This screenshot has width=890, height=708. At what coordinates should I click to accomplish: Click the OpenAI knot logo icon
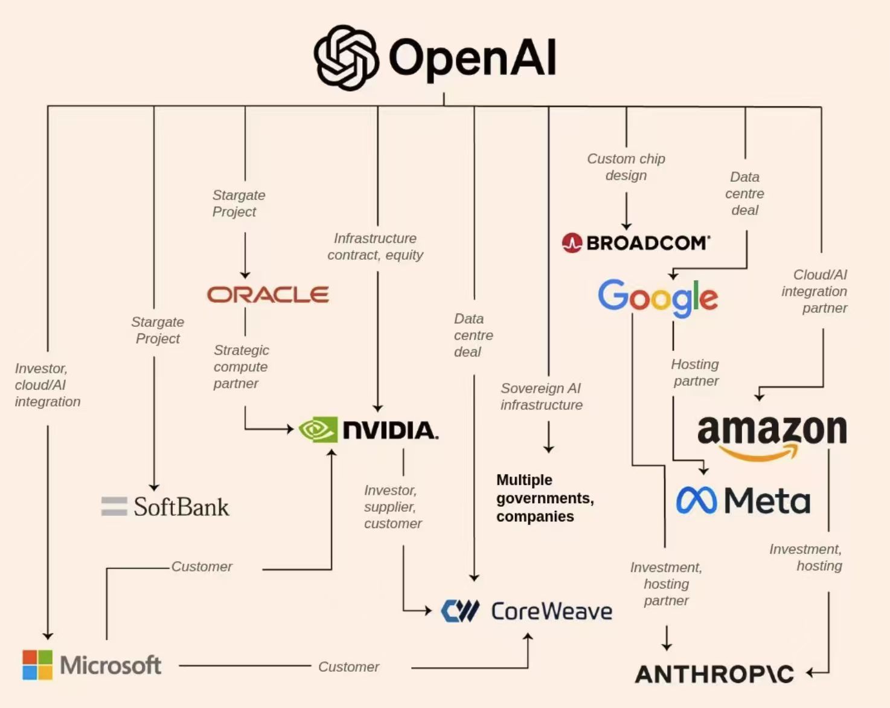pos(347,58)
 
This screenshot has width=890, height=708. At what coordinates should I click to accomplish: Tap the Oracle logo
pos(268,294)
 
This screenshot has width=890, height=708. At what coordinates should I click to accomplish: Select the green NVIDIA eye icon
pos(318,430)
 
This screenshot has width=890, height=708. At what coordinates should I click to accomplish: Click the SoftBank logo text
pos(181,507)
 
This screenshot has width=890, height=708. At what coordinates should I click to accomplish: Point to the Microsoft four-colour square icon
pos(37,665)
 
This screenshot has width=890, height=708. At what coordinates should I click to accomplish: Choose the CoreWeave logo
pos(527,611)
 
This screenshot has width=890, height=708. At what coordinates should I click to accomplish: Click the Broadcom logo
pos(636,243)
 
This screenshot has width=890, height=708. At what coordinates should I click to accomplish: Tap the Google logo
pos(658,297)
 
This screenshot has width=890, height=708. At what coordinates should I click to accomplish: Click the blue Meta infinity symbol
pos(696,500)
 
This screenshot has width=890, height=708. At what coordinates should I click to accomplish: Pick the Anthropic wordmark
pos(714,674)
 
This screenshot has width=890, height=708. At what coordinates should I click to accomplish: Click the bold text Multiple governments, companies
pos(545,498)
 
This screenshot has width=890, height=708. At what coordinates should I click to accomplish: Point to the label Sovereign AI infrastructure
pos(541,396)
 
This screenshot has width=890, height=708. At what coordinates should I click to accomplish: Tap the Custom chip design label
pos(626,167)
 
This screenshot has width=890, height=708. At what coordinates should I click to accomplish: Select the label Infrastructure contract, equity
pos(375,246)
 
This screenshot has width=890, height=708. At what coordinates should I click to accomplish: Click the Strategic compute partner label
pos(241,367)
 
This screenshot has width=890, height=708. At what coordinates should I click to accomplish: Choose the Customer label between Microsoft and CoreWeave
pos(348,667)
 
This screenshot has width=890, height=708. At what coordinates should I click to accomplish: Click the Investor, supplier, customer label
pos(392,507)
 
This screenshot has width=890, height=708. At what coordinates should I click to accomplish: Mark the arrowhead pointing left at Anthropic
pos(810,672)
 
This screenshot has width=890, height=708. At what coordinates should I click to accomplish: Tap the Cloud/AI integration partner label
pos(815,291)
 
